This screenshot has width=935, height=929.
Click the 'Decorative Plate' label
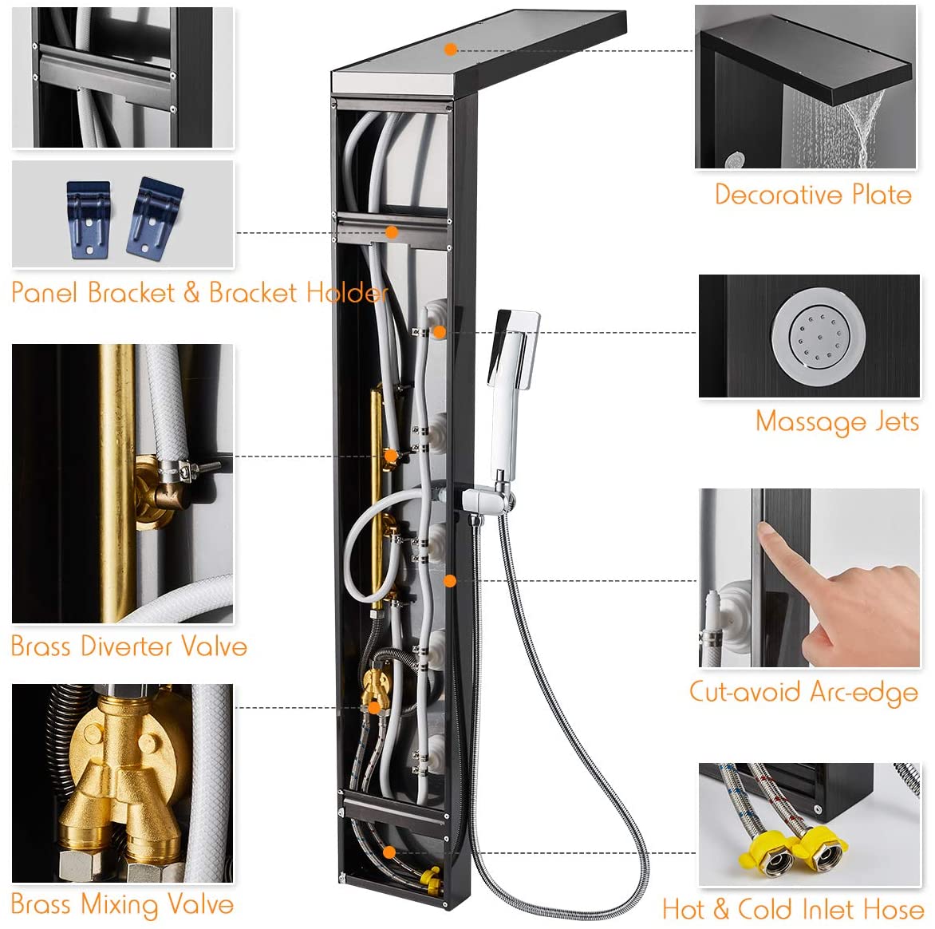[x=813, y=195]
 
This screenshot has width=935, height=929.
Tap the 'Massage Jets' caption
[x=837, y=422]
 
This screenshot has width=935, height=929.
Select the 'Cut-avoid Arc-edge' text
[x=803, y=692]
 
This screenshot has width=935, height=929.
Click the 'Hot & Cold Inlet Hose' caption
[x=793, y=909]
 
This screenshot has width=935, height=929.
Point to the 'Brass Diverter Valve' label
[x=128, y=646]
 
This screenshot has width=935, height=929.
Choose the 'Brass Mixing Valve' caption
[x=122, y=905]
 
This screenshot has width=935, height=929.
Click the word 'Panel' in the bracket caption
[x=45, y=292]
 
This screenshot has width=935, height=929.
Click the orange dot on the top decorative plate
[x=451, y=49]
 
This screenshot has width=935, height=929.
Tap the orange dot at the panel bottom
[x=389, y=852]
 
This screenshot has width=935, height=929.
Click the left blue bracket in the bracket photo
[x=89, y=219]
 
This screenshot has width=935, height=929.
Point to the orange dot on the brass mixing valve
[x=374, y=708]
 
